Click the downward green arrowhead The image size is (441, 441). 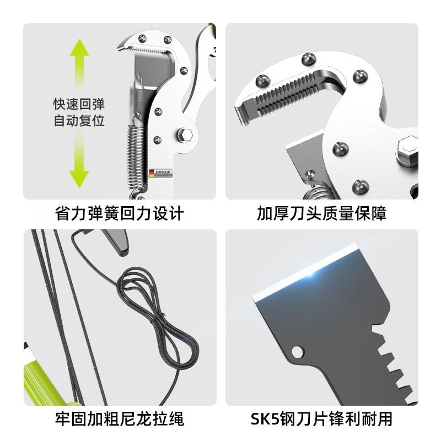[x=79, y=176]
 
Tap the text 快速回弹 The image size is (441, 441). [x=79, y=104]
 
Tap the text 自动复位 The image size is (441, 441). [x=79, y=120]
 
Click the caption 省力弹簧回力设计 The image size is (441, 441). [x=120, y=213]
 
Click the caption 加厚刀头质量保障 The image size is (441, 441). [x=322, y=213]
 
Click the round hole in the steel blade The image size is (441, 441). [x=298, y=351]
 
